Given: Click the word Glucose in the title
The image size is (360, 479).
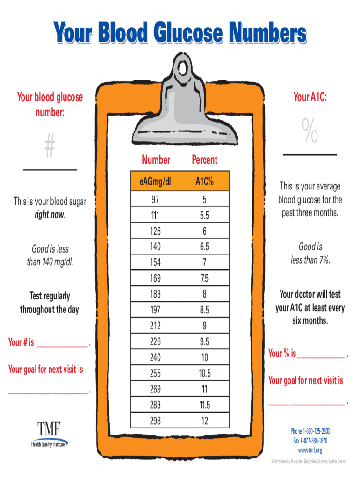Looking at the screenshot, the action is pos(188,32).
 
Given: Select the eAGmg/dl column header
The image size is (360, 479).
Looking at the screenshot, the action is pos(155,181).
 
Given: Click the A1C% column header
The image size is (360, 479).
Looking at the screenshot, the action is pos(205,181).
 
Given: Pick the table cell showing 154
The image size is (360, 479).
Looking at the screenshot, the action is pos(155,262).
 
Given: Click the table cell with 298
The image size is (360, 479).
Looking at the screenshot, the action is pos(155,421).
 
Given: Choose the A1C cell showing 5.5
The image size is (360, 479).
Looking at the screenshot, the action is pos(205,215).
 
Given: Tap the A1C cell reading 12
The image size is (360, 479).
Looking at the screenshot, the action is pos(205,421).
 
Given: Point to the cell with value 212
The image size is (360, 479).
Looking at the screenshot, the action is pos(155,326).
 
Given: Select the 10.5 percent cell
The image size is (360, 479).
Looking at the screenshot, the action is pos(205,373).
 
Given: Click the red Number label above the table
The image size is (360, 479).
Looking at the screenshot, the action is pos(156,160).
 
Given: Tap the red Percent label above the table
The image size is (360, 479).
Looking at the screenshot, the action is pos(205,160).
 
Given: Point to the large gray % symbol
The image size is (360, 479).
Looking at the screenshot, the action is pos(310,130).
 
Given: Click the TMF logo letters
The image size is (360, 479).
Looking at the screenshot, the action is pos(49,428).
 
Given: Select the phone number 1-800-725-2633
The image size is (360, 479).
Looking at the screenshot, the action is pos(317,431).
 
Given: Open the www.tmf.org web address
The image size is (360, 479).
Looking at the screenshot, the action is pos(310,450).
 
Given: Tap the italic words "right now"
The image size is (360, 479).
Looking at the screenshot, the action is pos(50,214).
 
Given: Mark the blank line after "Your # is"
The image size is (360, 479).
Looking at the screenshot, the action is pos(62,347).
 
